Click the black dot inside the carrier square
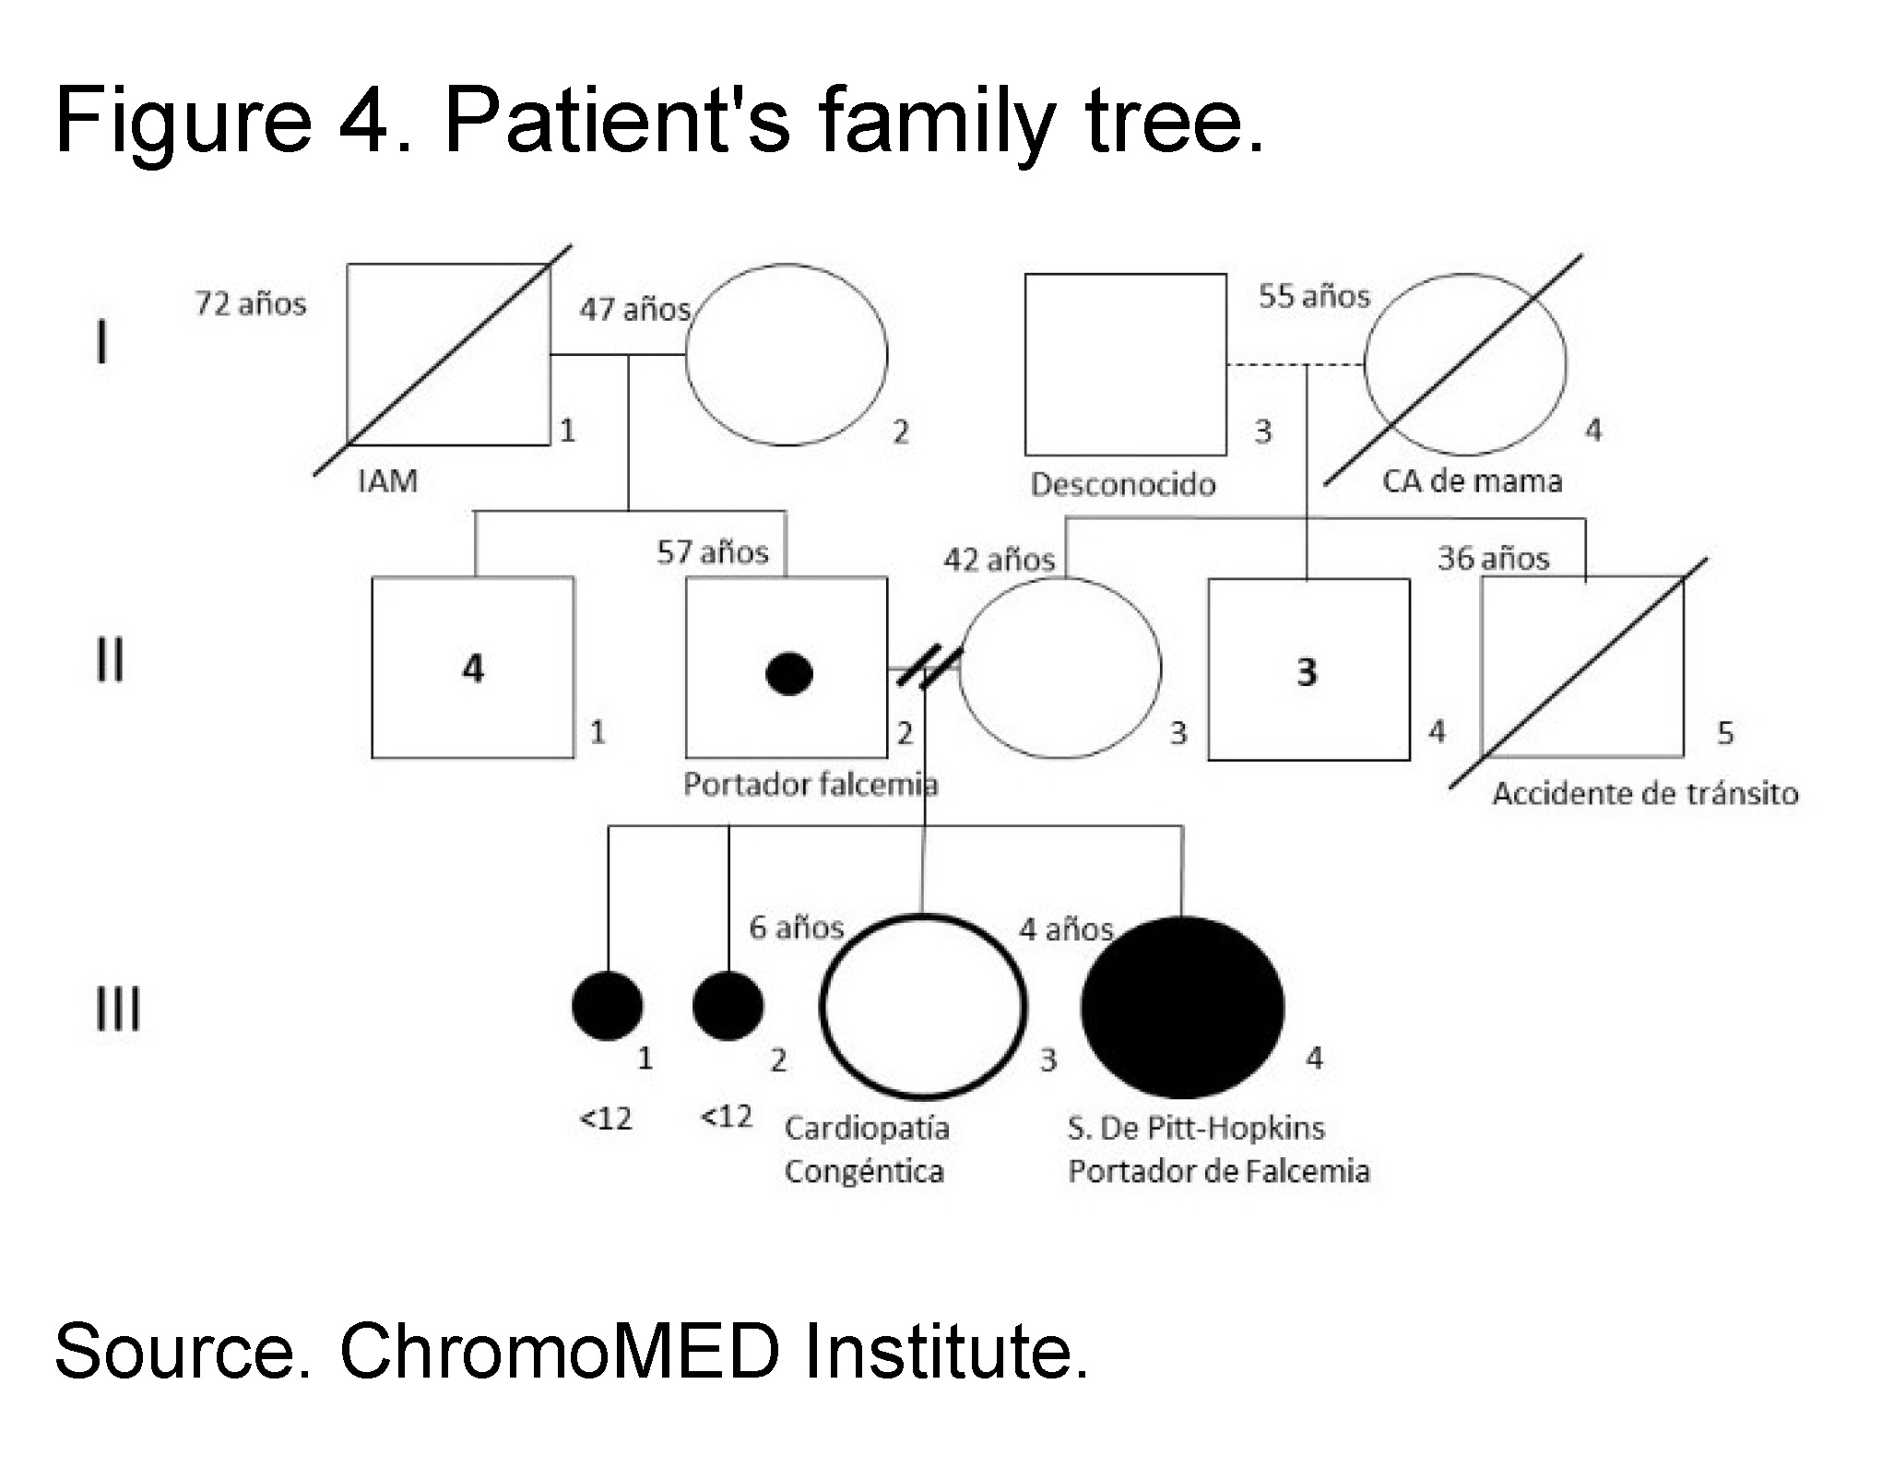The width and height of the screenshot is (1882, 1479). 789,673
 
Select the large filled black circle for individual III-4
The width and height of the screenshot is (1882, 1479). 1182,1008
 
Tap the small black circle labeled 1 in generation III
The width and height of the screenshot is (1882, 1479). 608,1006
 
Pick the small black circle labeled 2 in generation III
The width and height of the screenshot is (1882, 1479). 728,1006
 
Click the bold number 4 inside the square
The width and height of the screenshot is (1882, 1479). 473,669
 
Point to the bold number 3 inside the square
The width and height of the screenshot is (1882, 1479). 1307,672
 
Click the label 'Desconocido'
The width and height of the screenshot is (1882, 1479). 1123,484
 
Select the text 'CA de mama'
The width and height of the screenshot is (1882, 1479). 1472,480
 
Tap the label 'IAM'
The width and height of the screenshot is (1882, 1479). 387,480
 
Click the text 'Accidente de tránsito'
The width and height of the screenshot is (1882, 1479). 1645,793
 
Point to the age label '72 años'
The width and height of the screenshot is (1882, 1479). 251,303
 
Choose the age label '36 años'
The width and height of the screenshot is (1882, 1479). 1494,558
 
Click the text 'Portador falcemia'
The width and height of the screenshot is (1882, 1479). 811,785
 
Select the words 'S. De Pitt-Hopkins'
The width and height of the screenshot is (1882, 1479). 1196,1128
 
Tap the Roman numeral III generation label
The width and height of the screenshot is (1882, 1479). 119,1009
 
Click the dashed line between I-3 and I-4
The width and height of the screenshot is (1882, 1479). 1296,365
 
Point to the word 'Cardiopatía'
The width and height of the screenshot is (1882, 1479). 867,1128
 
